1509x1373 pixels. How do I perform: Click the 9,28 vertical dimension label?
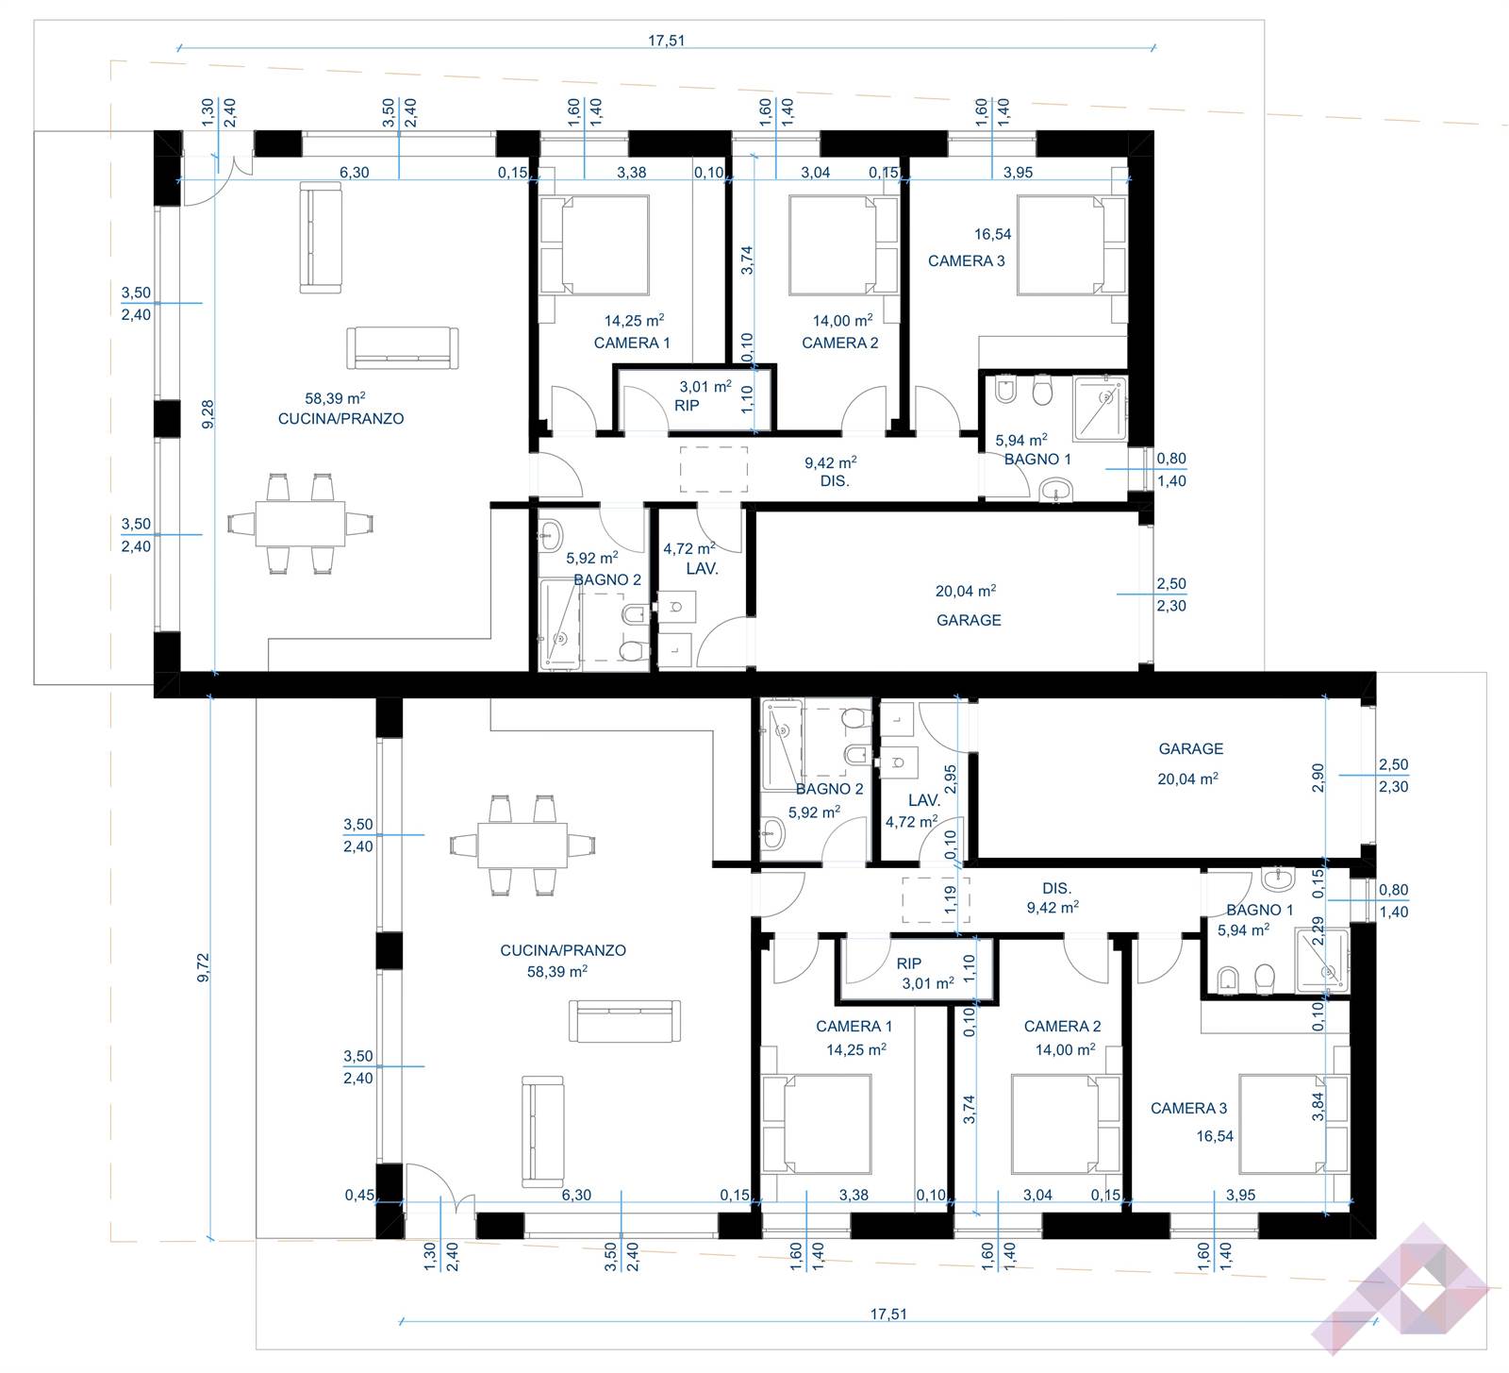coord(207,413)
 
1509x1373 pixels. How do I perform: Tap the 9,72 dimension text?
coord(203,968)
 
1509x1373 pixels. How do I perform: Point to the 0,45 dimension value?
coord(359,1195)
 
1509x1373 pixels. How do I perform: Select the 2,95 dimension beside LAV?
coord(951,779)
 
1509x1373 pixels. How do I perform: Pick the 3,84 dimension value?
coord(1318,1106)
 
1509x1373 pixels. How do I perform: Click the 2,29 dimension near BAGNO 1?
coord(1318,930)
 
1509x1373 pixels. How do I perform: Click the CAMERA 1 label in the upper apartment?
coord(632,343)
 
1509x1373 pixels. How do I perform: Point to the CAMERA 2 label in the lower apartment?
coord(1062,1026)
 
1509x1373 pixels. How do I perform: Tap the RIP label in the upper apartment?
coord(687,405)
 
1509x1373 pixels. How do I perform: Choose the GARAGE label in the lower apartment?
coord(1191,748)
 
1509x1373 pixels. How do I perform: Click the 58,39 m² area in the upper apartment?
coord(335,398)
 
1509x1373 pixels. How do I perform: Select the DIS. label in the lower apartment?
coord(1056,888)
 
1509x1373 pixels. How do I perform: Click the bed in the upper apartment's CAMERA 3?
coord(1072,245)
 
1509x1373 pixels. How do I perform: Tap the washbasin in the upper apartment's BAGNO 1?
coord(1056,489)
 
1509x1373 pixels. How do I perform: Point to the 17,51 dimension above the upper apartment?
coord(666,40)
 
